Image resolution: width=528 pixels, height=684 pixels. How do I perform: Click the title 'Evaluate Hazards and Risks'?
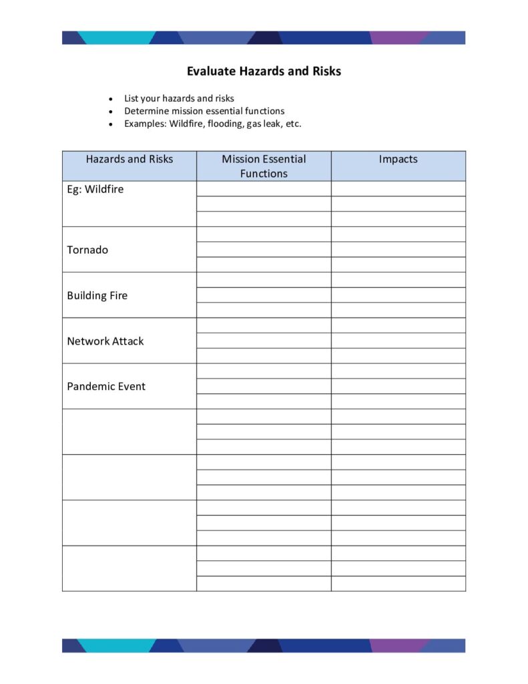point(264,71)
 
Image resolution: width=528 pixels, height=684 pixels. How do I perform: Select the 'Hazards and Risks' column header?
point(129,159)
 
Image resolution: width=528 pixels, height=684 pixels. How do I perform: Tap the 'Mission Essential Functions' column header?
point(264,166)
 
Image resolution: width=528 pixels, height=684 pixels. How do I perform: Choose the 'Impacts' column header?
point(398,159)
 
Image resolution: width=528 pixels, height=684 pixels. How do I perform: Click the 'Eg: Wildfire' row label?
point(95,189)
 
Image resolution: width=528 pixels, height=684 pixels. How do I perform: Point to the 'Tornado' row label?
point(87,250)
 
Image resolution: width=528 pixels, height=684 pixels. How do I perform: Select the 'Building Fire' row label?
point(97,295)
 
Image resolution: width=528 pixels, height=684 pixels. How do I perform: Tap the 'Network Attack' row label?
point(105,341)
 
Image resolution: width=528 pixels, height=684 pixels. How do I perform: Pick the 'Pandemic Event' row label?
point(105,386)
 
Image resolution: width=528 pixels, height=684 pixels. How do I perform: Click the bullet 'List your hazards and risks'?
point(179,98)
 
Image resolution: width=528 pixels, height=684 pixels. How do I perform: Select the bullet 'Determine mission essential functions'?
point(204,111)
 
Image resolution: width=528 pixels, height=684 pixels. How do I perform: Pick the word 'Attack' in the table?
point(128,341)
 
